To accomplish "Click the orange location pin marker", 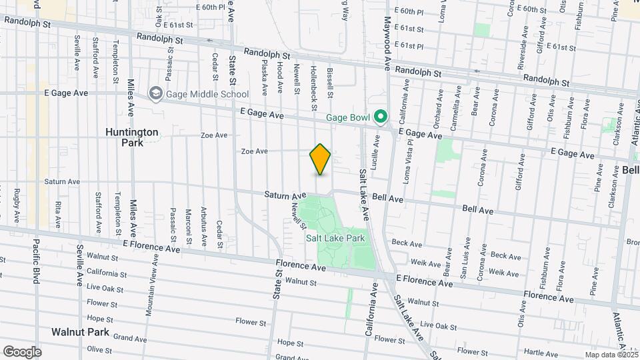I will click(321, 159).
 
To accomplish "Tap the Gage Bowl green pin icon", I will click(381, 118).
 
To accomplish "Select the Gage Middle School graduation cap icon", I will click(156, 94).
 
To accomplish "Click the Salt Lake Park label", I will click(336, 238).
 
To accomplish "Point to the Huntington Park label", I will click(132, 137).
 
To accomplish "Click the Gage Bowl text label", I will click(347, 118).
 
